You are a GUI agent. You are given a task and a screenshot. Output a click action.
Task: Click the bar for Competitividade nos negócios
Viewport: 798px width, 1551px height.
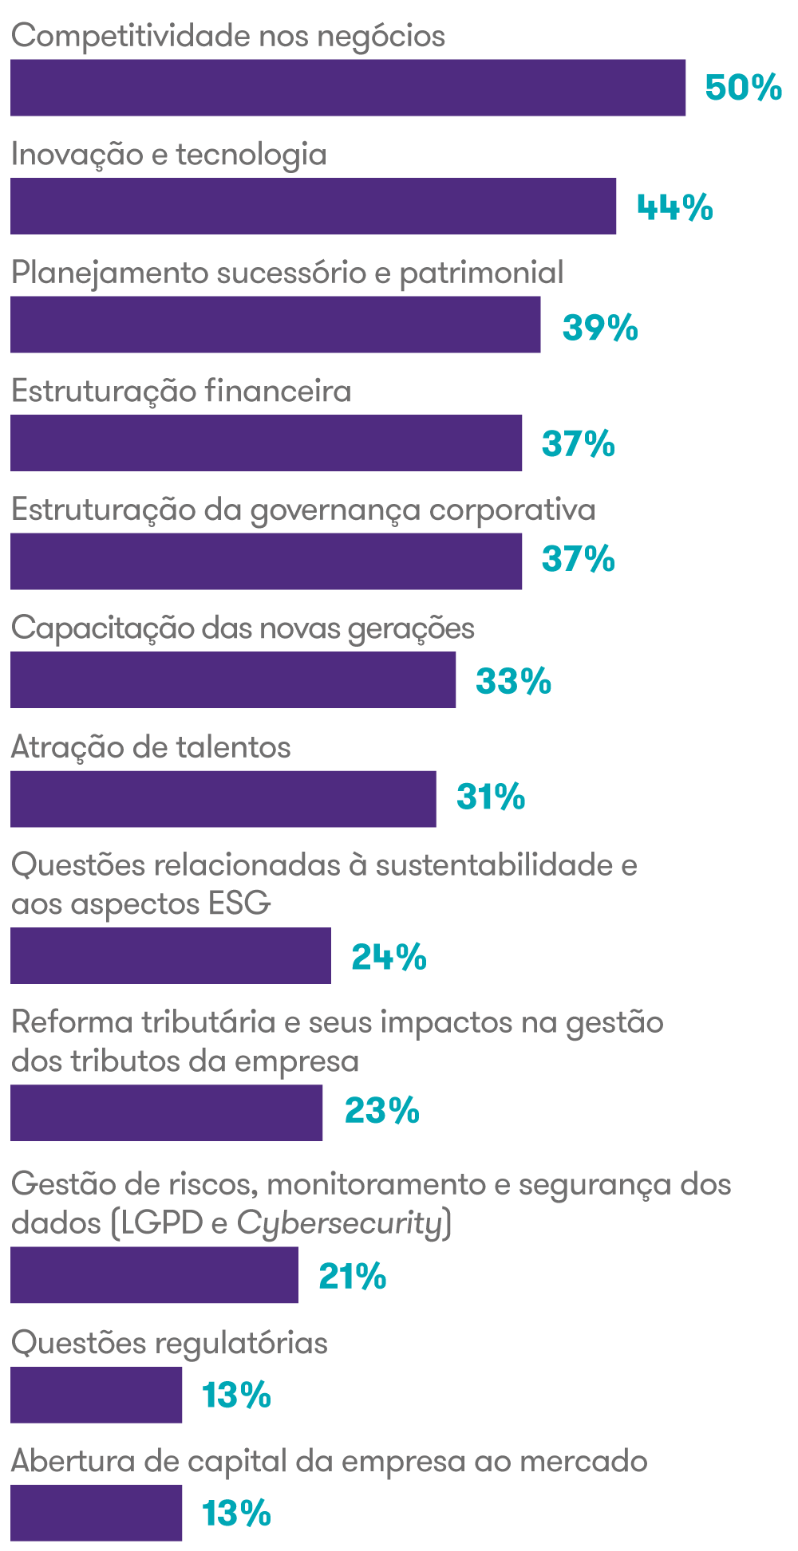(x=348, y=88)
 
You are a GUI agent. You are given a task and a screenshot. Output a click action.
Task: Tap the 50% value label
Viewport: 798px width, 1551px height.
(x=743, y=88)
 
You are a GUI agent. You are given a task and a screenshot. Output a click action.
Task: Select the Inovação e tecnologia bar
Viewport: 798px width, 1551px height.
(x=313, y=206)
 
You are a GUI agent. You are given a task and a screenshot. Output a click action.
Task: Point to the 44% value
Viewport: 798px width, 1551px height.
(x=674, y=207)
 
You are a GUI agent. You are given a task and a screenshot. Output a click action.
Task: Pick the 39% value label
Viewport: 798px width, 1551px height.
(x=600, y=327)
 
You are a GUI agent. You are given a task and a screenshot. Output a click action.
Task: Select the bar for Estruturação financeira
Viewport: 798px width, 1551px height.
(x=266, y=443)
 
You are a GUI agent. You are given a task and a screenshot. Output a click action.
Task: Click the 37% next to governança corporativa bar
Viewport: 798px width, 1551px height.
(x=578, y=559)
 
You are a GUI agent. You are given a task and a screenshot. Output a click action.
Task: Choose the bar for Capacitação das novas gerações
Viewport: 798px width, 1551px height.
(x=233, y=679)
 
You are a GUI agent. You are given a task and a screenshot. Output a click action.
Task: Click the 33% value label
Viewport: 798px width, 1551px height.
(x=513, y=681)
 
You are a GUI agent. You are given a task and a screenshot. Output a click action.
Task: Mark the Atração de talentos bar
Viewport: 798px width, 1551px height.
(x=223, y=798)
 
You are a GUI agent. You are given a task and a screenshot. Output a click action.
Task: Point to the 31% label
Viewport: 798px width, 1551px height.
(x=491, y=797)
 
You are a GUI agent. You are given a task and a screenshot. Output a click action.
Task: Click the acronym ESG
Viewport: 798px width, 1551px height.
(x=239, y=904)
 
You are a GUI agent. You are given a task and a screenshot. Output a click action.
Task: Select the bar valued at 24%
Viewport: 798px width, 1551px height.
(x=170, y=955)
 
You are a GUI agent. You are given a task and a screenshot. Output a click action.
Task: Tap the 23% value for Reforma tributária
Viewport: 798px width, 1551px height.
(x=381, y=1111)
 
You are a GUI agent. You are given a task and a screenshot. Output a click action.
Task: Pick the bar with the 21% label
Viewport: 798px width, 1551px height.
(x=154, y=1275)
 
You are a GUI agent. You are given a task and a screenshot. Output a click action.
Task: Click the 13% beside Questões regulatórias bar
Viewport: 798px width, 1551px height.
(x=236, y=1396)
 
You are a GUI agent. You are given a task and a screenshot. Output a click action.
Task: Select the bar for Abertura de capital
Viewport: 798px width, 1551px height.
(x=96, y=1513)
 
